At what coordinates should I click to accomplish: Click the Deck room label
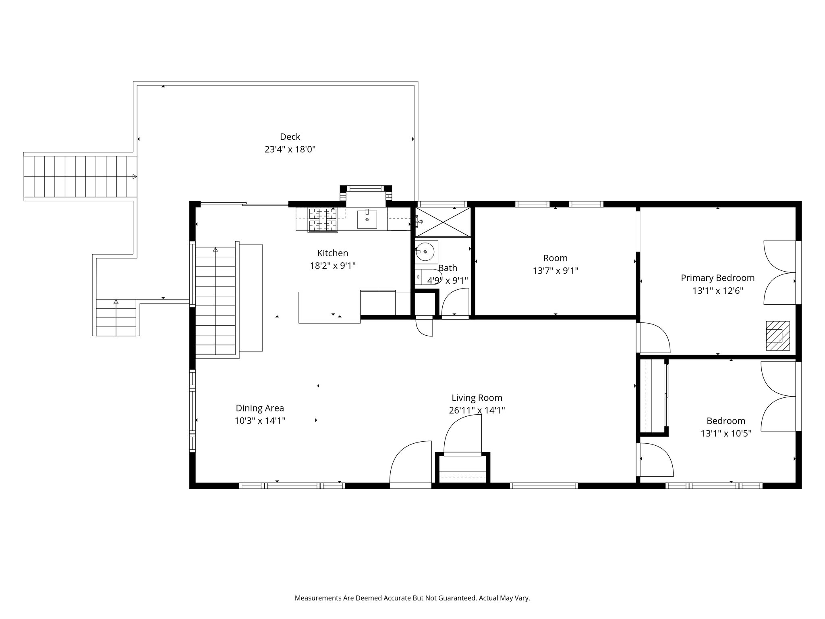click(290, 137)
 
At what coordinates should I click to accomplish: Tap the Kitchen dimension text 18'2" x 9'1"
click(333, 266)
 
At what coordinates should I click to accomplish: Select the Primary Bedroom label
click(717, 278)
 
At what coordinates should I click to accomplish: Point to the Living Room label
click(477, 398)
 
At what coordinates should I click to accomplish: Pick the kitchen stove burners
click(322, 220)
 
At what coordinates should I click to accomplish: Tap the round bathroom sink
click(427, 252)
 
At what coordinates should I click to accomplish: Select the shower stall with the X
click(443, 222)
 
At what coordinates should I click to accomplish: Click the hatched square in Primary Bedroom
click(777, 336)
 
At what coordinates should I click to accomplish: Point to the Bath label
click(448, 268)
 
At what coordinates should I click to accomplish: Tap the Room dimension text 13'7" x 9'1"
click(556, 271)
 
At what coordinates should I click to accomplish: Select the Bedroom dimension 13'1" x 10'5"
click(726, 434)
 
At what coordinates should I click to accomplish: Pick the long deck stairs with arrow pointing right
click(80, 177)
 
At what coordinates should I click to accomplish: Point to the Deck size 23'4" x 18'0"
click(290, 150)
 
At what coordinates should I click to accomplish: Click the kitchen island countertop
click(330, 307)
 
